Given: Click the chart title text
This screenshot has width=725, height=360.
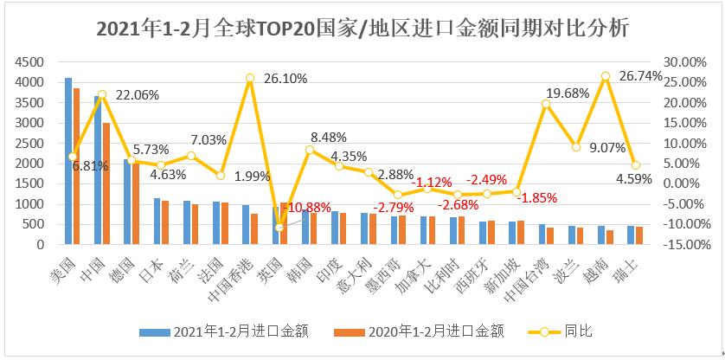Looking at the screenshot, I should point(362,29).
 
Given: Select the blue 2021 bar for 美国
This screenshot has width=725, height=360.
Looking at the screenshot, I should point(68,161).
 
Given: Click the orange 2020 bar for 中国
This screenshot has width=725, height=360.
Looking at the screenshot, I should point(106,183).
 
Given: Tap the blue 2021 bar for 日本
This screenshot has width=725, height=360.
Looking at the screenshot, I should point(157,222).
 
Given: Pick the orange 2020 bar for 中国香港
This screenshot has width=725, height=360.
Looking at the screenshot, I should point(255,229).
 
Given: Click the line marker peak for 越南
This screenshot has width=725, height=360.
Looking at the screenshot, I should point(606,76).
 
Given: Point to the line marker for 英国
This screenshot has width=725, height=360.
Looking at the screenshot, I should point(279,228).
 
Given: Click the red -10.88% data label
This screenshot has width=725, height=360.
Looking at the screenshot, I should point(310,208).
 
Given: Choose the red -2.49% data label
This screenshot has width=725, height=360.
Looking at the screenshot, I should point(487,179).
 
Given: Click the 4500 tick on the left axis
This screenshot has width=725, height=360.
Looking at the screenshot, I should point(30,62).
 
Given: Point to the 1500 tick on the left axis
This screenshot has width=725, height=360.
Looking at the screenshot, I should point(30,183).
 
